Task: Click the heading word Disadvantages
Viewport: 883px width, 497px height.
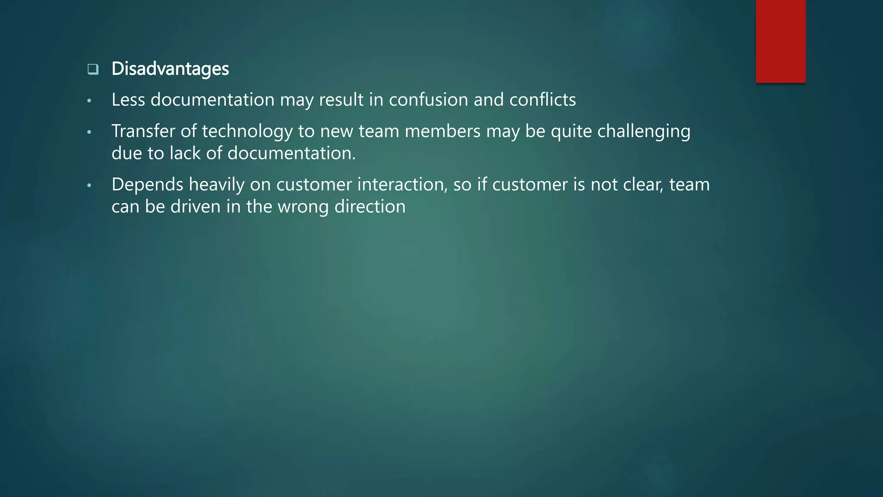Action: [170, 69]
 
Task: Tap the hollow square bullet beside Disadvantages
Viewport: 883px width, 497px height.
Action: [93, 69]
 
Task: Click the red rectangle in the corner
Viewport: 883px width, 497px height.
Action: [780, 41]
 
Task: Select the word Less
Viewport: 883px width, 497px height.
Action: [128, 100]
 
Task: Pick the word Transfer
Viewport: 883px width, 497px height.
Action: [143, 131]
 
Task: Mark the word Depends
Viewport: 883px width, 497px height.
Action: [147, 185]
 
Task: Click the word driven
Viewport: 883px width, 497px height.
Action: [195, 207]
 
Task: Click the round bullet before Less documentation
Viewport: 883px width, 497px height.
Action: [89, 101]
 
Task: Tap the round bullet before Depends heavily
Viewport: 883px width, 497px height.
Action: [89, 186]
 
